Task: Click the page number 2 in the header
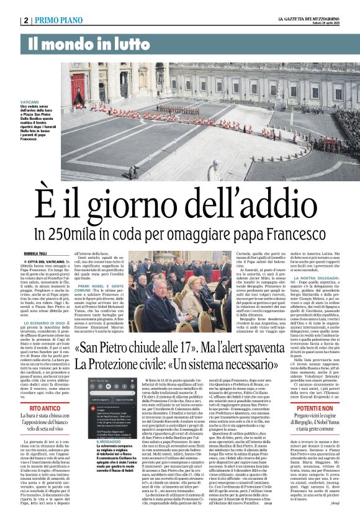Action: (x=25, y=20)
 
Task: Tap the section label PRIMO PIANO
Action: (x=58, y=20)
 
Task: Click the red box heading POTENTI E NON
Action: (x=320, y=409)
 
